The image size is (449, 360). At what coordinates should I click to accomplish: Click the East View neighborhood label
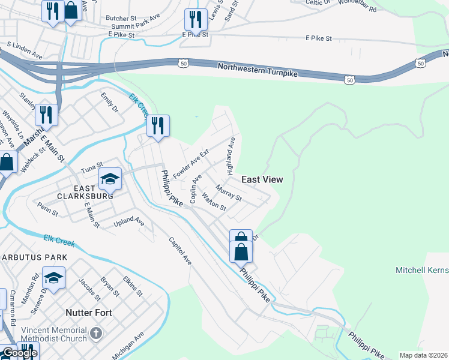262,179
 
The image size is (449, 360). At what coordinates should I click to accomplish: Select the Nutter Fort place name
88,313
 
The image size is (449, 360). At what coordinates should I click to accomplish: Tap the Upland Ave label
130,222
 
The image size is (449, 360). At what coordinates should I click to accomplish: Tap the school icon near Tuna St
110,178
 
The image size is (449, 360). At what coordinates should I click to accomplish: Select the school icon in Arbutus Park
53,278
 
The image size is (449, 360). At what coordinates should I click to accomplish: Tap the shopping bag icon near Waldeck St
7,161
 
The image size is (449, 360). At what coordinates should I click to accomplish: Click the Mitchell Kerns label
422,271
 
